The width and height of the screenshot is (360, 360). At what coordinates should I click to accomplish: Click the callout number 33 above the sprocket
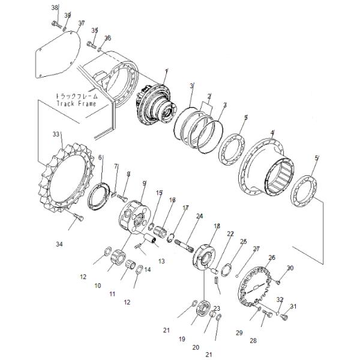click(56, 134)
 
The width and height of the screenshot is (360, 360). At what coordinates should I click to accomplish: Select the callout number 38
click(55, 8)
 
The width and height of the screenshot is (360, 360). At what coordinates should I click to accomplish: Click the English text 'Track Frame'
click(76, 104)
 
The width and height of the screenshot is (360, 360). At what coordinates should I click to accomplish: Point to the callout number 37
click(81, 23)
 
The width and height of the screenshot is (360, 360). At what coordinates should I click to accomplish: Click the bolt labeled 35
click(91, 44)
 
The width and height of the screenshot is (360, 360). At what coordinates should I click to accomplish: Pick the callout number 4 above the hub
click(272, 133)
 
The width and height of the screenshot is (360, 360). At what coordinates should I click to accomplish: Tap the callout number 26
click(272, 257)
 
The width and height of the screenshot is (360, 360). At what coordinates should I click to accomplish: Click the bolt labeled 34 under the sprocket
click(78, 217)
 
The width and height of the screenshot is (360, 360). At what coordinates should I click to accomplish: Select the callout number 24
click(200, 216)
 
